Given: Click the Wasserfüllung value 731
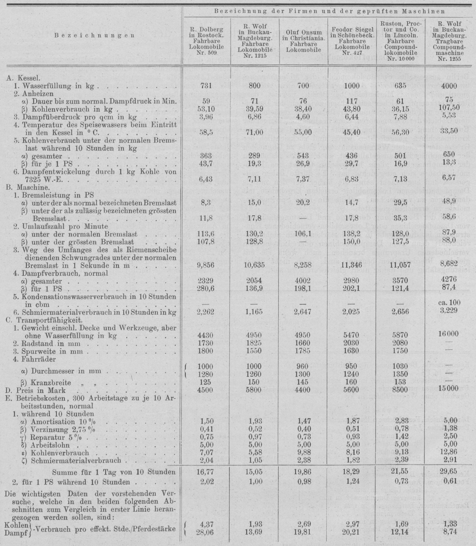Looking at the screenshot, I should [x=206, y=86].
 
